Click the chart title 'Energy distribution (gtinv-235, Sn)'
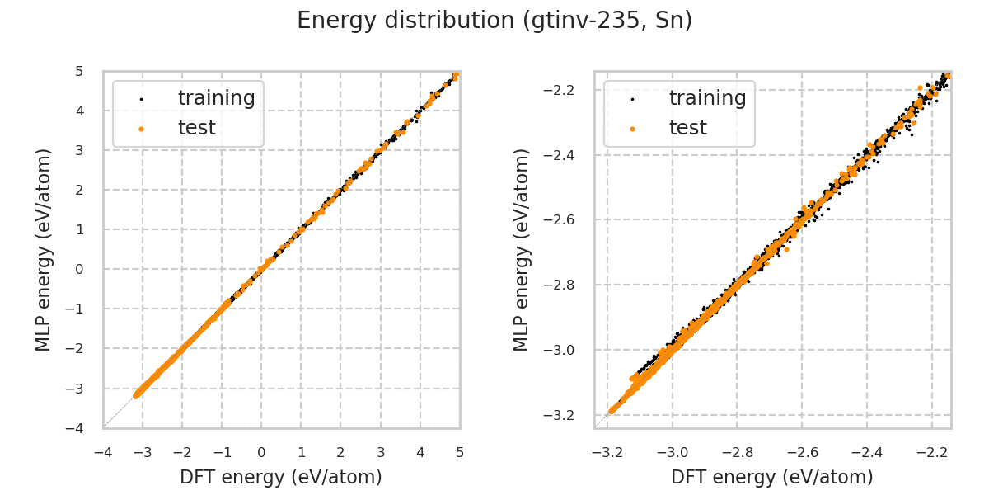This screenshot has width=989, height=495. click(494, 21)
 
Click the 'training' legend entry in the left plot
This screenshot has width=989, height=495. click(216, 98)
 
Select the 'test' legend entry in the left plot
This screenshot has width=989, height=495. click(196, 128)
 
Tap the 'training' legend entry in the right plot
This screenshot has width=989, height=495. click(707, 98)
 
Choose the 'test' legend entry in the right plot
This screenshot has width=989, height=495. click(687, 128)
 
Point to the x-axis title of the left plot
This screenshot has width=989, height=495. click(281, 477)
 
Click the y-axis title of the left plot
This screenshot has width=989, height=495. click(44, 249)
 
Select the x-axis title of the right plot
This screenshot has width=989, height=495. click(772, 477)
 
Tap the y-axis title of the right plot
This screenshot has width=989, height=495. click(522, 249)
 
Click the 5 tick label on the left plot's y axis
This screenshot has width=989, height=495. click(79, 72)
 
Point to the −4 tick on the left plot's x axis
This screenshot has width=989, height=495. click(103, 452)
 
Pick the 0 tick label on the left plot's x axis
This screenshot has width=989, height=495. click(261, 452)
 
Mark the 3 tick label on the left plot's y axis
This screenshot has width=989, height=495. click(79, 151)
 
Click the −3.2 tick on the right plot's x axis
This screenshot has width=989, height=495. click(607, 452)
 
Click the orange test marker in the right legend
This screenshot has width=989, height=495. click(632, 129)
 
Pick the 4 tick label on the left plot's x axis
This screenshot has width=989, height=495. click(420, 452)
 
